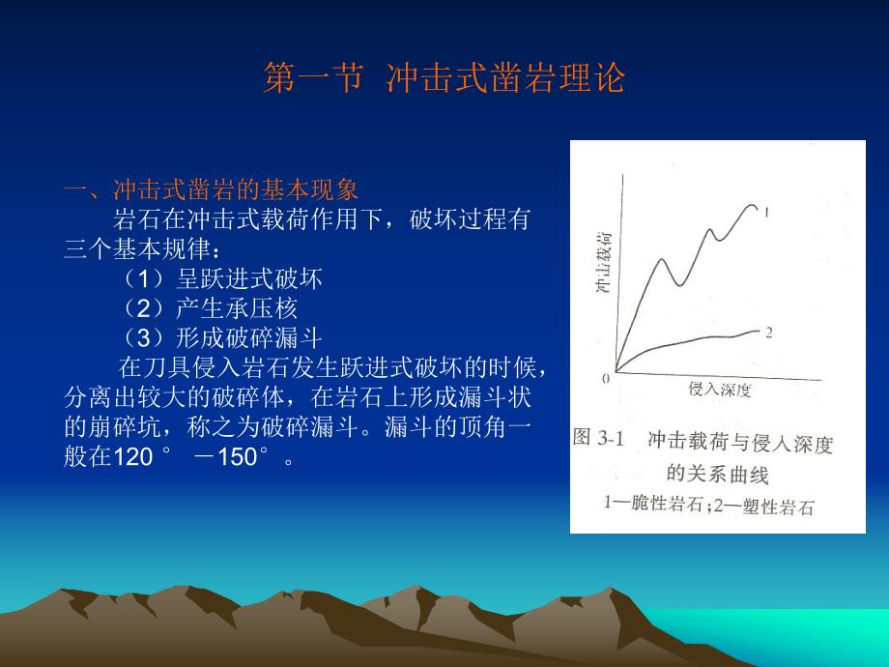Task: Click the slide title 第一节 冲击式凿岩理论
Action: coord(444,78)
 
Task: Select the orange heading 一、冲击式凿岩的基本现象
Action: coord(211,188)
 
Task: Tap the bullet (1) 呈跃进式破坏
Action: coord(222,279)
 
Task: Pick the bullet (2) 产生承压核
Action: coord(210,308)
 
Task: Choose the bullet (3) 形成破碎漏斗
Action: coord(222,338)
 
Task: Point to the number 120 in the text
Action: coord(134,457)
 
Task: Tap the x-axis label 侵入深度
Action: coord(720,391)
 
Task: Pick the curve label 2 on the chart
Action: coord(768,333)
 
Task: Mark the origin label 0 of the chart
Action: coord(606,379)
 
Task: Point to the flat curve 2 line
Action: coord(696,343)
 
